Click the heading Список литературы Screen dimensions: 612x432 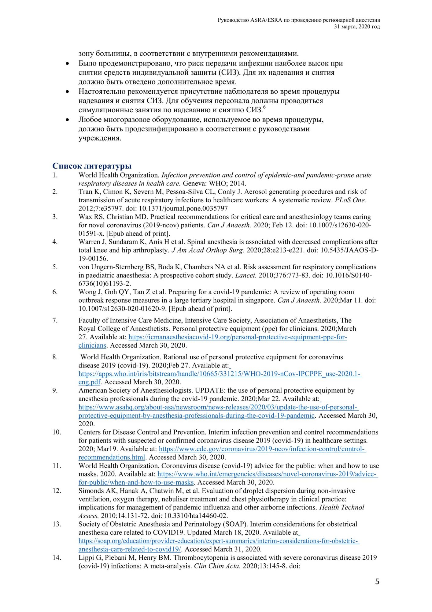tap(92, 166)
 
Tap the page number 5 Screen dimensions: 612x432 tap(377, 581)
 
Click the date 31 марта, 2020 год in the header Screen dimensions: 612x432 tap(357, 27)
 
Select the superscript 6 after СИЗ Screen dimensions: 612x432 tap(264, 107)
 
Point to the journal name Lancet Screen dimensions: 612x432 tap(246, 275)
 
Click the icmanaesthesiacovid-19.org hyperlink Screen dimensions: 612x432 tap(237, 337)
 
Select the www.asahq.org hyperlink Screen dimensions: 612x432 tap(218, 407)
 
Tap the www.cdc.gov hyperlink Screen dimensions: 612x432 tap(262, 449)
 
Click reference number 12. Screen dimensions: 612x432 tap(57, 491)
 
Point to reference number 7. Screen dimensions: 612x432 tap(55, 320)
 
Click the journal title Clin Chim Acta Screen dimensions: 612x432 tap(217, 566)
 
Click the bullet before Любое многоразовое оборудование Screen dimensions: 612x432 tap(68, 120)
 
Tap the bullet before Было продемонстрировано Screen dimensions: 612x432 tap(68, 64)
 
